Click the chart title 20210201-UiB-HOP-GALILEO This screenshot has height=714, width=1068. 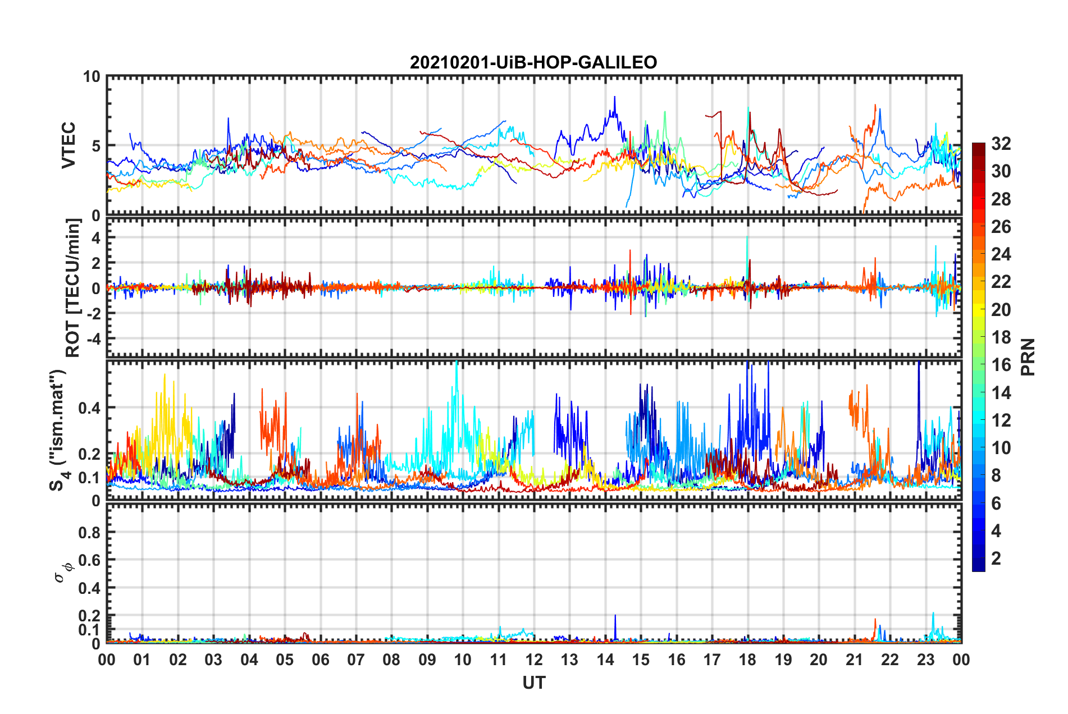(x=533, y=62)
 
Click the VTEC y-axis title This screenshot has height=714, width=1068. (x=69, y=145)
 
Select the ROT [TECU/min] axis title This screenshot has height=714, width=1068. (x=73, y=288)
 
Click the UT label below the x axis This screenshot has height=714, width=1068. (x=533, y=683)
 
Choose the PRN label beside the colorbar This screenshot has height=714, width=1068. (x=1028, y=357)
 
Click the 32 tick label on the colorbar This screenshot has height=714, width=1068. (x=1001, y=144)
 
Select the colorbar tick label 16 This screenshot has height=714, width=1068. (x=1001, y=365)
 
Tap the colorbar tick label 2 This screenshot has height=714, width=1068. (x=996, y=559)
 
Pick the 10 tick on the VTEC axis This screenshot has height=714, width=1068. (x=92, y=77)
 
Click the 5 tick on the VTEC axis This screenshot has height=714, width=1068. (x=96, y=146)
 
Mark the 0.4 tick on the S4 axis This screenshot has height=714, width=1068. (x=90, y=408)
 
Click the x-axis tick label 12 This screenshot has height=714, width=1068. (x=534, y=660)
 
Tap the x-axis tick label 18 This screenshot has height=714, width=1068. (x=747, y=660)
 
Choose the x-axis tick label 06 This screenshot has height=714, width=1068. (x=321, y=660)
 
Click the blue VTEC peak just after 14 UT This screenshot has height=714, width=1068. (x=614, y=97)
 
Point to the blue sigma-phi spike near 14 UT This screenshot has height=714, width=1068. (x=615, y=616)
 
